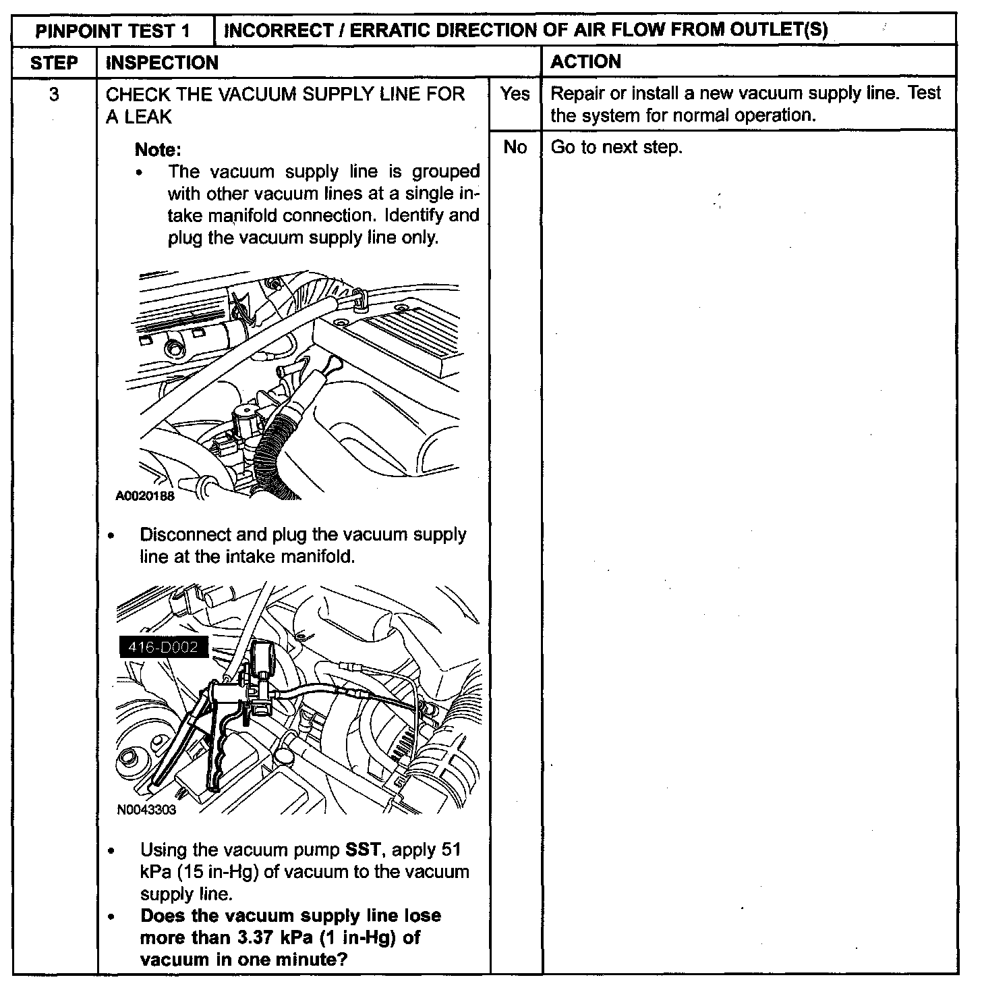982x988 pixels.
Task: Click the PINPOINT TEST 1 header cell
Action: pyautogui.click(x=113, y=30)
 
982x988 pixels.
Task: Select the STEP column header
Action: pyautogui.click(x=54, y=63)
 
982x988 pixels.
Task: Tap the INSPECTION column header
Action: pyautogui.click(x=163, y=63)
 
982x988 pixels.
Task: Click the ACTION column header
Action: pyautogui.click(x=585, y=62)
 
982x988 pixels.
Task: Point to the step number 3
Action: pyautogui.click(x=54, y=94)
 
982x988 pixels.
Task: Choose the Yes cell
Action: pyautogui.click(x=515, y=94)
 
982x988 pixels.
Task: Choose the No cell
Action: pyautogui.click(x=515, y=147)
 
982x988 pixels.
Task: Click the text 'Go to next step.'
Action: pyautogui.click(x=616, y=147)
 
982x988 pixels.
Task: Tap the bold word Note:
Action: pyautogui.click(x=158, y=149)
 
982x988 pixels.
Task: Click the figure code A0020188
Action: pyautogui.click(x=145, y=496)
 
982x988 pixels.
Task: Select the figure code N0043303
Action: pyautogui.click(x=146, y=810)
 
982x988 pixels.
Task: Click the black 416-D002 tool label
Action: pyautogui.click(x=159, y=647)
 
